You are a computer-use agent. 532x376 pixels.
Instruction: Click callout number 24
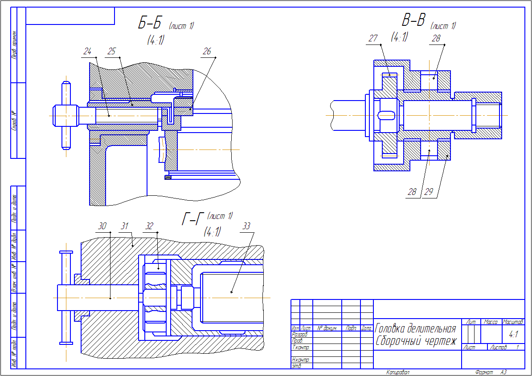pyautogui.click(x=87, y=52)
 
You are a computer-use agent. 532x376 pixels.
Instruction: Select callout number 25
pyautogui.click(x=111, y=52)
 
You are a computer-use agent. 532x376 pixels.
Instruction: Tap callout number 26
pyautogui.click(x=207, y=52)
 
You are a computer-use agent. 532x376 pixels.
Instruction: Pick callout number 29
pyautogui.click(x=429, y=192)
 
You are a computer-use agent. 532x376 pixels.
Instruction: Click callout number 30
pyautogui.click(x=102, y=226)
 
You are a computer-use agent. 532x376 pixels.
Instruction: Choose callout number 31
pyautogui.click(x=125, y=226)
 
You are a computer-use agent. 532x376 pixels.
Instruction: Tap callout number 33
pyautogui.click(x=246, y=226)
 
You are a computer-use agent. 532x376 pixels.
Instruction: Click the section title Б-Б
pyautogui.click(x=150, y=24)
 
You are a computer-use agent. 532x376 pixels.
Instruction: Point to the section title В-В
pyautogui.click(x=413, y=20)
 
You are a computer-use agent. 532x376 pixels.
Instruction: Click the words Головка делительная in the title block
pyautogui.click(x=416, y=329)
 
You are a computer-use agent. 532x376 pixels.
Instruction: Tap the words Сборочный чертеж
pyautogui.click(x=416, y=341)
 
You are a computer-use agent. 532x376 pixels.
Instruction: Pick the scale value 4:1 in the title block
pyautogui.click(x=513, y=334)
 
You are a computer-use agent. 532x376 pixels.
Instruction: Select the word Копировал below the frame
pyautogui.click(x=397, y=372)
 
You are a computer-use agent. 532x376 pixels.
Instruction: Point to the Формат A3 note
pyautogui.click(x=491, y=372)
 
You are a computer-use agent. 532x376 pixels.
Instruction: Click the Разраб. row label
pyautogui.click(x=299, y=334)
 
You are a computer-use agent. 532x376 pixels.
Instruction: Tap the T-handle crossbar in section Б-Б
pyautogui.click(x=66, y=115)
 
